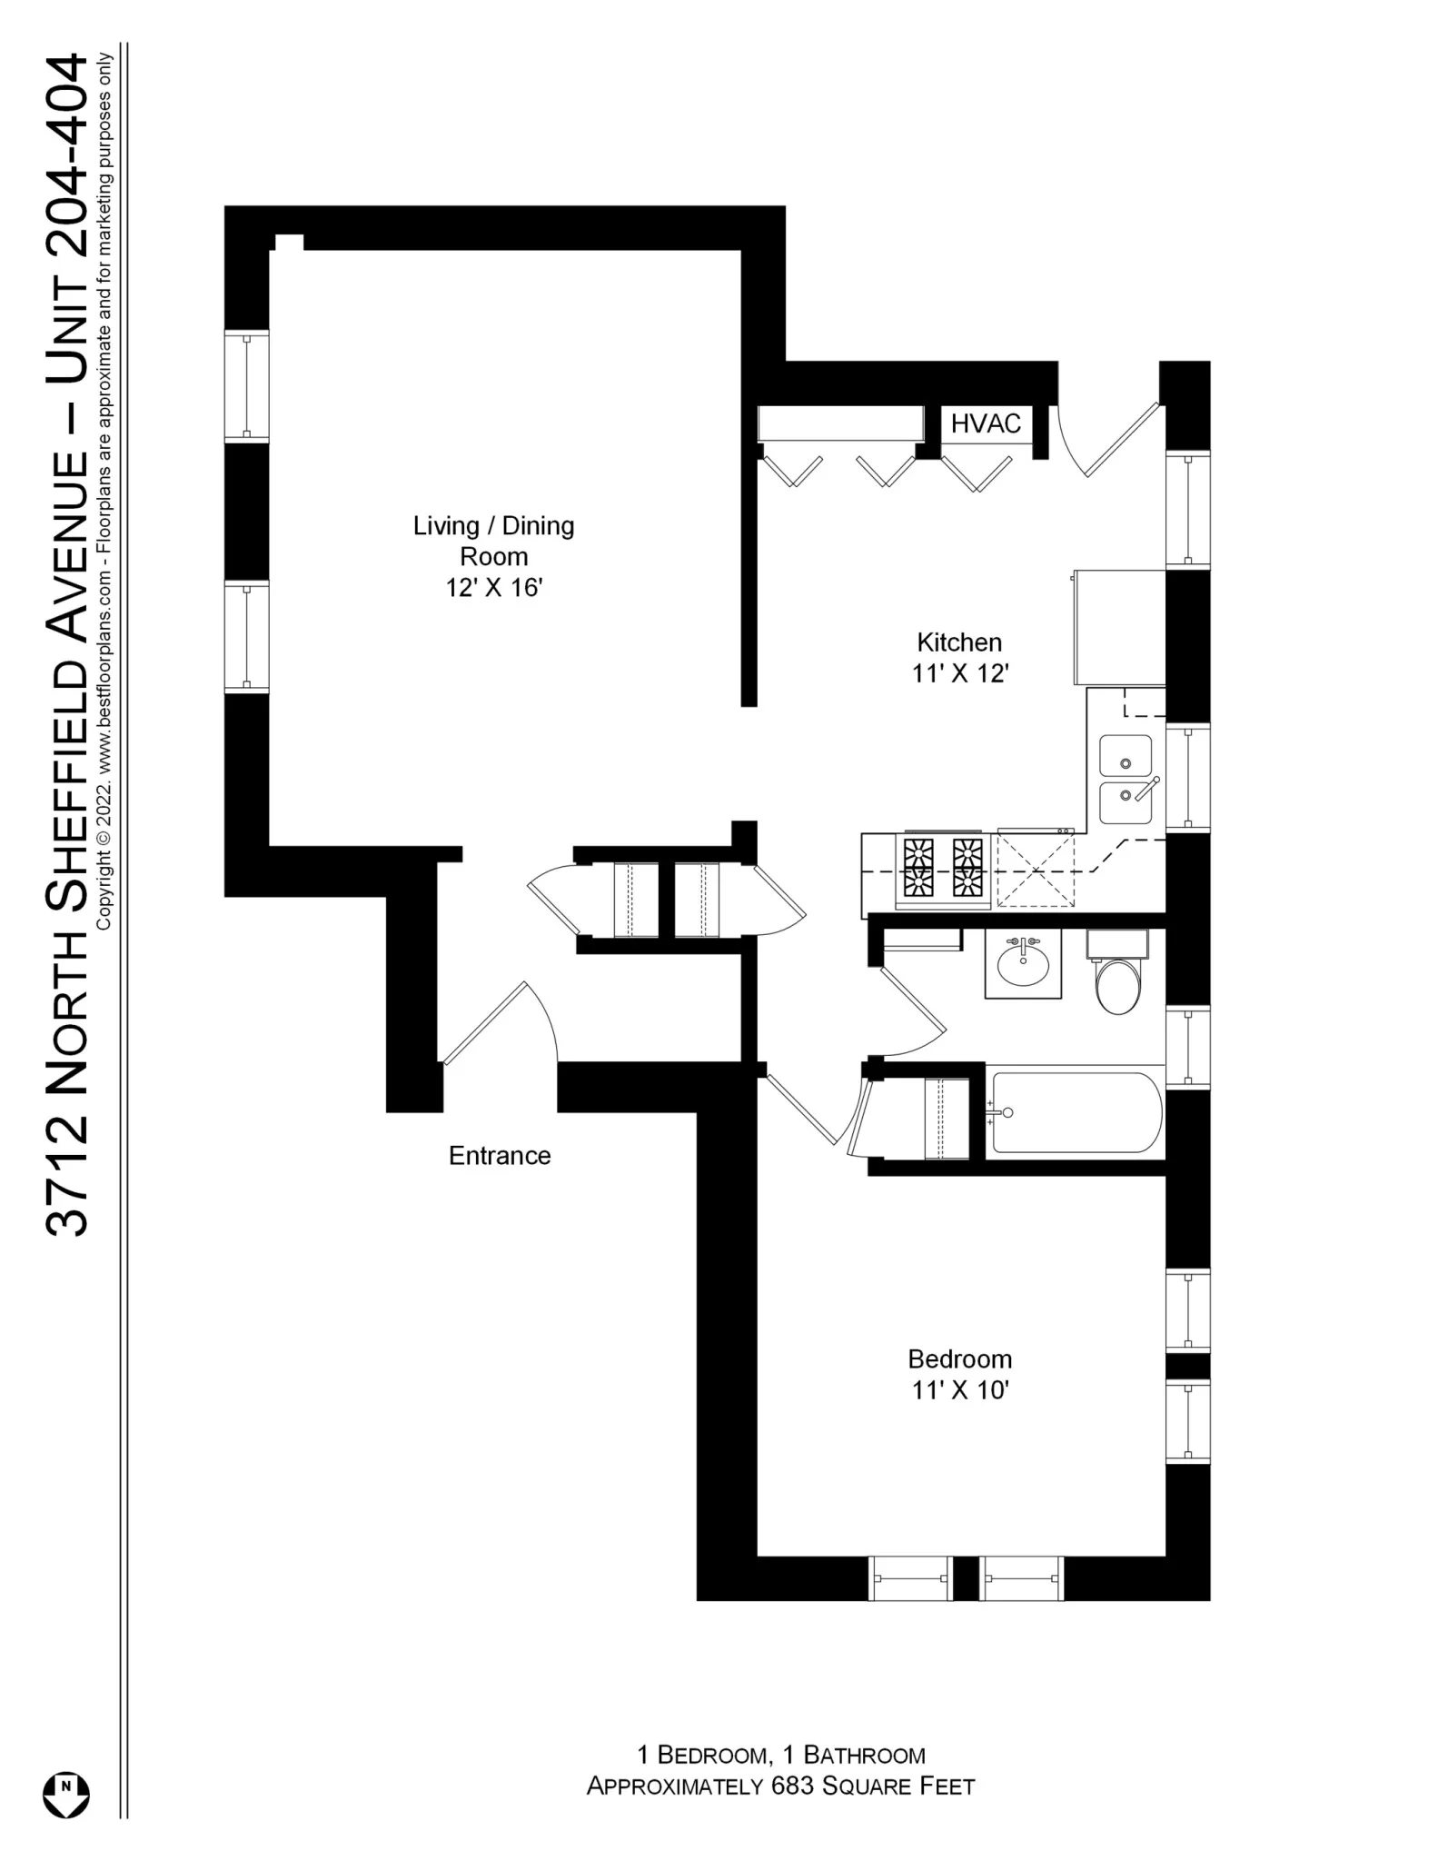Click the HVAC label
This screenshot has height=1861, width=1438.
pyautogui.click(x=986, y=423)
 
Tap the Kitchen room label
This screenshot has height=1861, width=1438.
pyautogui.click(x=959, y=642)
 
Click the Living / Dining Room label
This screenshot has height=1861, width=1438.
pyautogui.click(x=493, y=541)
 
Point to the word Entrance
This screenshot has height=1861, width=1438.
pyautogui.click(x=500, y=1156)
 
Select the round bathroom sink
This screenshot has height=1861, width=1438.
pyautogui.click(x=1023, y=965)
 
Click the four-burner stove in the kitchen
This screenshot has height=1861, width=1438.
pyautogui.click(x=942, y=869)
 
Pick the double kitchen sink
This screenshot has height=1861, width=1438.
pyautogui.click(x=1126, y=780)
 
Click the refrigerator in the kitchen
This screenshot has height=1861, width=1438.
pyautogui.click(x=1119, y=628)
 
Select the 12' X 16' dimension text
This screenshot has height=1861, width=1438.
pyautogui.click(x=493, y=588)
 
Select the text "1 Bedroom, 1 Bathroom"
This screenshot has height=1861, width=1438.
pyautogui.click(x=780, y=1755)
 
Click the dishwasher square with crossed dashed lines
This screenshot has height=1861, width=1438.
pyautogui.click(x=1036, y=870)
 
